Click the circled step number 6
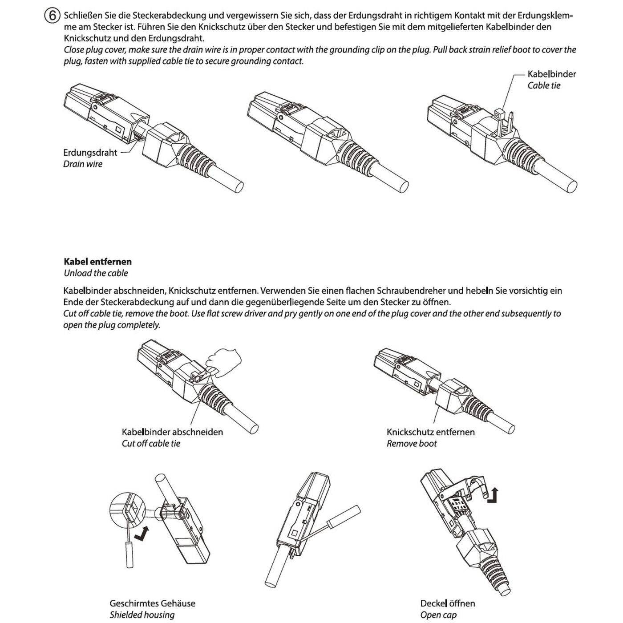tap(51, 16)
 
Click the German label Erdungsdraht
tap(90, 153)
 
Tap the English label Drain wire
tap(83, 164)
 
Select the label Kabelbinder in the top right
tap(551, 74)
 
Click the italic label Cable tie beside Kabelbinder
tap(544, 85)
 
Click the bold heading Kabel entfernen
tap(97, 262)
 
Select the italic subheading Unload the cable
tap(96, 273)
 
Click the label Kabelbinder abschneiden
tap(172, 432)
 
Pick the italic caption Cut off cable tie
tap(151, 444)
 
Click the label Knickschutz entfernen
tap(430, 432)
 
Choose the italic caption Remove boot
tap(412, 444)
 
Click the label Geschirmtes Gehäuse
tap(152, 603)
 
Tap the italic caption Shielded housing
tap(142, 615)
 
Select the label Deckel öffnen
tap(447, 603)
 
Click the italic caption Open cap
tap(438, 615)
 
